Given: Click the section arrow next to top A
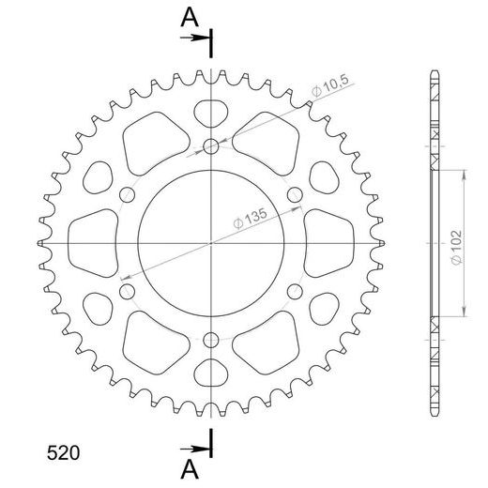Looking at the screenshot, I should [194, 38].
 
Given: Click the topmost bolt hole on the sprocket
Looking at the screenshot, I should [211, 145].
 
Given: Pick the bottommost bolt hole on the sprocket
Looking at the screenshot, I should [211, 340].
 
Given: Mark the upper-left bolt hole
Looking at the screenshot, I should [127, 194].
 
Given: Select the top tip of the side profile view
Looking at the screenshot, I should [435, 73].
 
